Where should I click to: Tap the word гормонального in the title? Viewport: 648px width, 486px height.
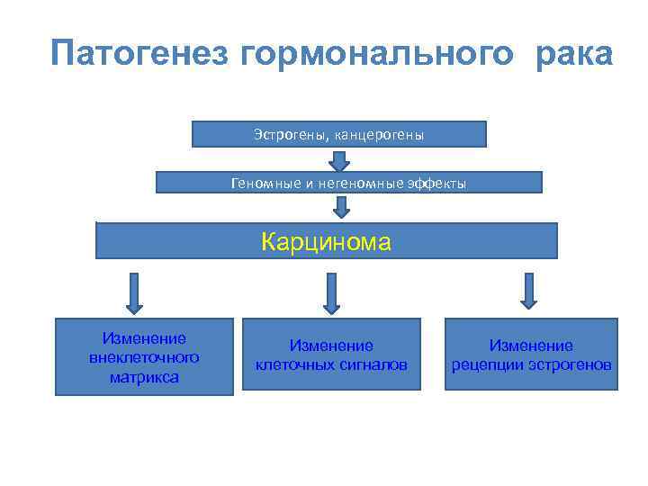pyautogui.click(x=378, y=54)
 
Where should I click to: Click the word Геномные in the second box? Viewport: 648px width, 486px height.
pyautogui.click(x=260, y=184)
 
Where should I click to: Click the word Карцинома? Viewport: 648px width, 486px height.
pyautogui.click(x=326, y=241)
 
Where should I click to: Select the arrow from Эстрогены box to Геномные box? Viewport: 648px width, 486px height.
pyautogui.click(x=339, y=159)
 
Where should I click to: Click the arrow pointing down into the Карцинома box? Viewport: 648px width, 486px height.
pyautogui.click(x=340, y=208)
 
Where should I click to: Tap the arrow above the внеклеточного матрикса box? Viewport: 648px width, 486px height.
pyautogui.click(x=134, y=292)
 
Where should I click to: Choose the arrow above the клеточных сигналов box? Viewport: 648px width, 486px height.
pyautogui.click(x=331, y=292)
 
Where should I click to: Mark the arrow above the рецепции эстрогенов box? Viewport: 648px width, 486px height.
pyautogui.click(x=529, y=291)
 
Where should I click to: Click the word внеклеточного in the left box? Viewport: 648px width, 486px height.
pyautogui.click(x=144, y=357)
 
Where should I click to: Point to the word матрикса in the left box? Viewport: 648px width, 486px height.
pyautogui.click(x=144, y=376)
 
